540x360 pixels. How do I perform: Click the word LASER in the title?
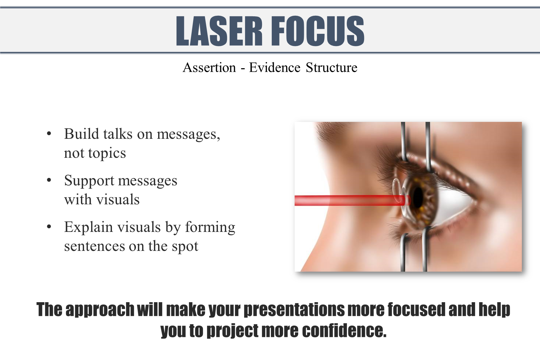pyautogui.click(x=219, y=31)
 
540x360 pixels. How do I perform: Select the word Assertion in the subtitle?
pyautogui.click(x=209, y=68)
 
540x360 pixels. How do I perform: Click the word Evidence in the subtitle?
pyautogui.click(x=275, y=68)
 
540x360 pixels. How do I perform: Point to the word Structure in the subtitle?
pyautogui.click(x=331, y=68)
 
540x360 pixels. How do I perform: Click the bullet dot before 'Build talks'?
pyautogui.click(x=49, y=134)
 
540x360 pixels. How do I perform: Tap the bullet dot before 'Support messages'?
pyautogui.click(x=49, y=180)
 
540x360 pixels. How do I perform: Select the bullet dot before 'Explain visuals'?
pyautogui.click(x=49, y=227)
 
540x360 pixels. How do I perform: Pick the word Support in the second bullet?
pyautogui.click(x=89, y=181)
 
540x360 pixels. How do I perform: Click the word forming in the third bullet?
pyautogui.click(x=210, y=227)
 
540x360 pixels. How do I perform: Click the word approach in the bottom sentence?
pyautogui.click(x=100, y=310)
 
